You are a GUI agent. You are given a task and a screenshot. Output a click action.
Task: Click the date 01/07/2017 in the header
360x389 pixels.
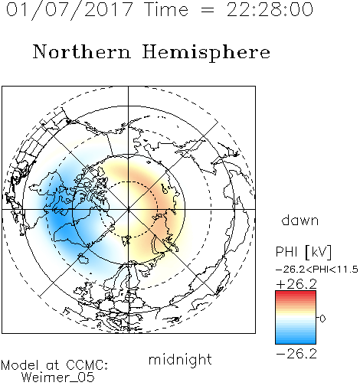(70, 9)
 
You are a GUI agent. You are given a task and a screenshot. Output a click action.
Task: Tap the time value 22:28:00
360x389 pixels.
(270, 9)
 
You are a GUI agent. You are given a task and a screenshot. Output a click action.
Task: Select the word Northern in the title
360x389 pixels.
(82, 52)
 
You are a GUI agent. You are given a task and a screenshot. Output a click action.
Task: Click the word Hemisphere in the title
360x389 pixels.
(206, 53)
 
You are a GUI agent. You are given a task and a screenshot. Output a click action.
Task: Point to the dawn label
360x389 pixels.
(300, 220)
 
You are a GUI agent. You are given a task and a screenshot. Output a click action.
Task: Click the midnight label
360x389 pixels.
(180, 360)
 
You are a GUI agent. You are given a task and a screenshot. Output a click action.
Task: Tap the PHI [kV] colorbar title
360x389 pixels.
(303, 252)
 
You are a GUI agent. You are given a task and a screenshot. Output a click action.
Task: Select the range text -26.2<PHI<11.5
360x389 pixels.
(317, 270)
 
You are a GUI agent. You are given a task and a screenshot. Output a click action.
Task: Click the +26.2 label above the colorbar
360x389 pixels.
(296, 284)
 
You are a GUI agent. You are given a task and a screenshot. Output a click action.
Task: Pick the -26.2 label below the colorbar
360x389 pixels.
(296, 354)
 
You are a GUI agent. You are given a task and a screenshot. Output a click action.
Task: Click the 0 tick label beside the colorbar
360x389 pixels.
(322, 319)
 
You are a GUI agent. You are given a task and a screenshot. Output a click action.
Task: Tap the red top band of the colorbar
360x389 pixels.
(296, 293)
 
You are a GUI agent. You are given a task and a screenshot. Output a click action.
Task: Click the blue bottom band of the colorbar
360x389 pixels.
(296, 341)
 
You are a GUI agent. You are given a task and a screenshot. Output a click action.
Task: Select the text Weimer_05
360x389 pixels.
(58, 378)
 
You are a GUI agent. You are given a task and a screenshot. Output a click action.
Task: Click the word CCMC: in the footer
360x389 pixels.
(87, 365)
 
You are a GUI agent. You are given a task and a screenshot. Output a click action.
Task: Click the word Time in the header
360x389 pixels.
(166, 9)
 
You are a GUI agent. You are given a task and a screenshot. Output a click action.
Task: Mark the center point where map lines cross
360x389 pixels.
(129, 209)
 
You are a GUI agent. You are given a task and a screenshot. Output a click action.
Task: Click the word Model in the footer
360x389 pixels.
(20, 365)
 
